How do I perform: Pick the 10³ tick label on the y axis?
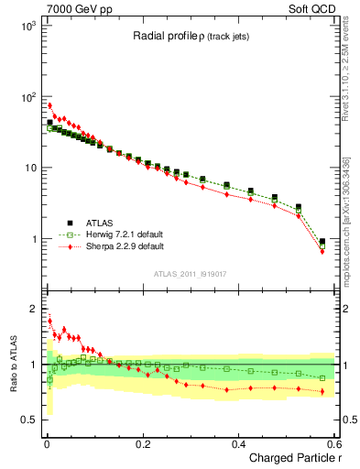pyautogui.click(x=27, y=26)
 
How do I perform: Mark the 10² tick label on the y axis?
pyautogui.click(x=27, y=97)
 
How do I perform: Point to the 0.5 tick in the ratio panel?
pyautogui.click(x=29, y=420)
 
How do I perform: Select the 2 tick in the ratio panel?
pyautogui.click(x=35, y=309)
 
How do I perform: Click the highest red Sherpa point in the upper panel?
pyautogui.click(x=49, y=105)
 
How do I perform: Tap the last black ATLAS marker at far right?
pyautogui.click(x=322, y=242)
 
